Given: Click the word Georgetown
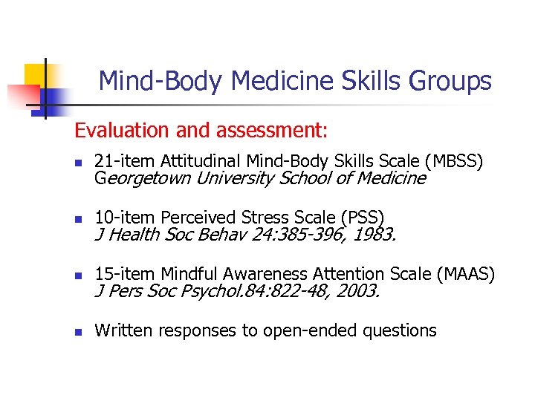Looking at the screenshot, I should click(x=143, y=178).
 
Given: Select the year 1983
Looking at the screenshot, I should click(x=375, y=235).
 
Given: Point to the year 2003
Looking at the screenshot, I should click(x=357, y=292).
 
